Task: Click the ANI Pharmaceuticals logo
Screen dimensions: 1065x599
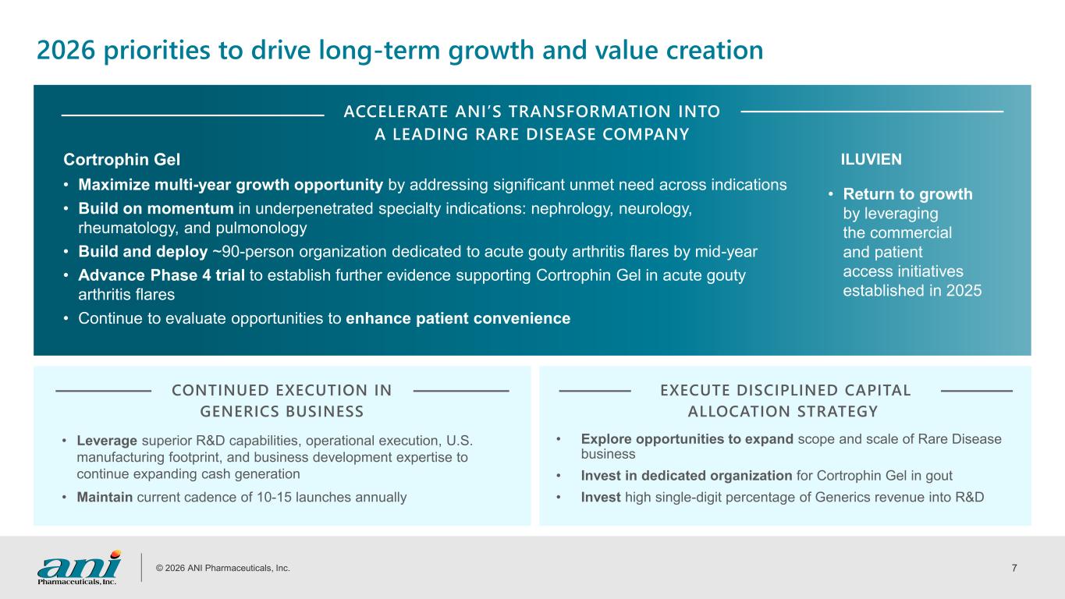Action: coord(79,568)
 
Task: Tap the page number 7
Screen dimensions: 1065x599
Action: coord(1014,568)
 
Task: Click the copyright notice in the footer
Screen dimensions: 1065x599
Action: coord(222,568)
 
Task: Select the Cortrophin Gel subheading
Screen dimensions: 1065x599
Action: coord(122,160)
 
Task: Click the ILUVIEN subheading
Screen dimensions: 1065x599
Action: coord(871,159)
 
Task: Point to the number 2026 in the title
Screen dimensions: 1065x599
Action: coord(66,50)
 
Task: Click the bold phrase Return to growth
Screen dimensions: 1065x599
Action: coord(907,194)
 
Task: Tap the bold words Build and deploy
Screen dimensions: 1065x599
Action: coord(143,251)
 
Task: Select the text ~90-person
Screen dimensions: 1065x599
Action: coord(253,251)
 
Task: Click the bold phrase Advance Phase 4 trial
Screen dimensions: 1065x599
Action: coord(162,275)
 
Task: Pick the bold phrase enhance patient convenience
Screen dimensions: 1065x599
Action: coord(458,318)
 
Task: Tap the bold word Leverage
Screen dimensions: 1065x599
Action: coord(107,441)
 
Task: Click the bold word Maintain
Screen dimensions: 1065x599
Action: coord(105,498)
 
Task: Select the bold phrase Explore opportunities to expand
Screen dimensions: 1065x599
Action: coord(687,439)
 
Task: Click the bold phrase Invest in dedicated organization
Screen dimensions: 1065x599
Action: coord(687,476)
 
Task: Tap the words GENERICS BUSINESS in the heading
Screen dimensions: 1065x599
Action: coord(282,411)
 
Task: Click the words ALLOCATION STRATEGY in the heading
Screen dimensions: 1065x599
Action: coord(783,411)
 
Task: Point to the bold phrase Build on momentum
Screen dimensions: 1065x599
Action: coord(156,209)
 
